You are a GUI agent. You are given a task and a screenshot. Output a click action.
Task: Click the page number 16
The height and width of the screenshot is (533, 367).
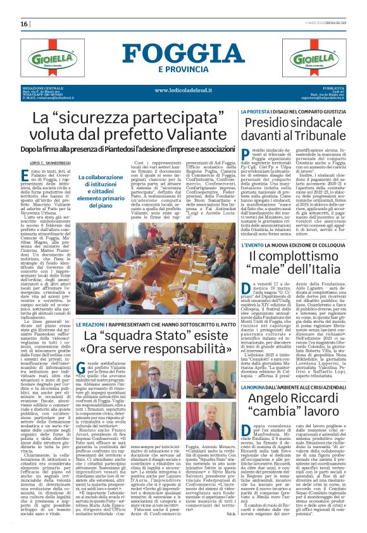pyautogui.click(x=25, y=23)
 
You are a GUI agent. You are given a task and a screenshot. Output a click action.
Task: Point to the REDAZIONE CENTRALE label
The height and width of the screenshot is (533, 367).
pyautogui.click(x=42, y=87)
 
